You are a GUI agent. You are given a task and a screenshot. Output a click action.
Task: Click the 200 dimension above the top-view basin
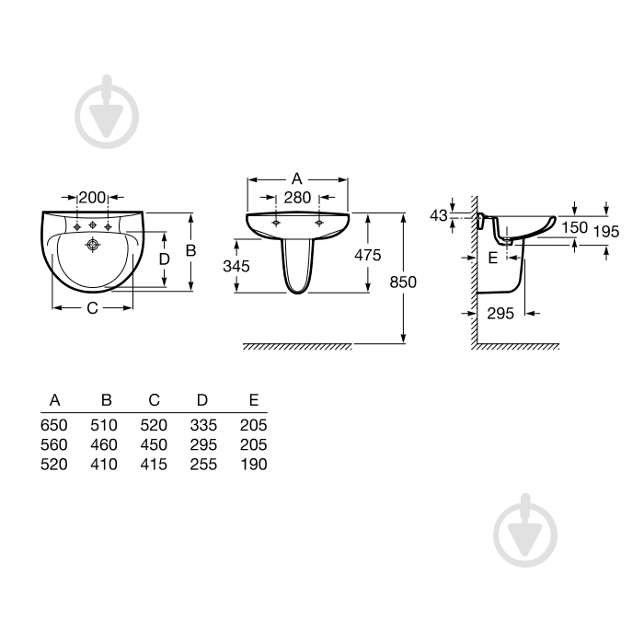[92, 198]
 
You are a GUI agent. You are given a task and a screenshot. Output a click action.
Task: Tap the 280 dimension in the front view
[297, 198]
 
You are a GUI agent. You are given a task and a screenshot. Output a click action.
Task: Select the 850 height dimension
[403, 282]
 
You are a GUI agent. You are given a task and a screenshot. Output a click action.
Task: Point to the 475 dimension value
[368, 255]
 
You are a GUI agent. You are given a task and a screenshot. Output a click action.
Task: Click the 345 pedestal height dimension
[236, 266]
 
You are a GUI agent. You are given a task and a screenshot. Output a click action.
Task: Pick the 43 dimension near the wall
[438, 215]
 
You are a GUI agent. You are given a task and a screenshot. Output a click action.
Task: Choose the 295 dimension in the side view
[500, 314]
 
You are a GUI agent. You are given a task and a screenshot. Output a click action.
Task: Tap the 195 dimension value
[605, 232]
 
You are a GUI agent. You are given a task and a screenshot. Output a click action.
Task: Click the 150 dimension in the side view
[574, 227]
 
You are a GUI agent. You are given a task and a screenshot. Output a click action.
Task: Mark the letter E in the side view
[492, 258]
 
